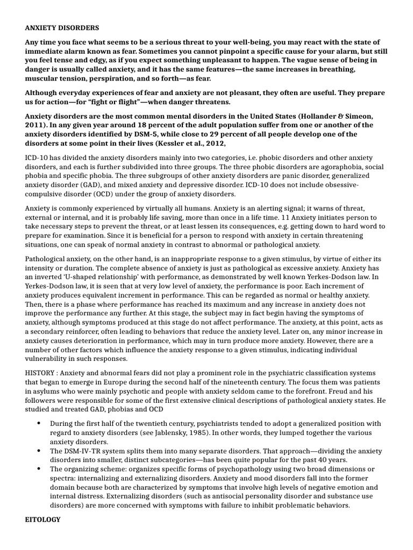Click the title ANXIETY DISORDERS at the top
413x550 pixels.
(x=62, y=27)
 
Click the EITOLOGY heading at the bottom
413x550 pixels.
(x=43, y=519)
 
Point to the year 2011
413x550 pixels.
(x=35, y=125)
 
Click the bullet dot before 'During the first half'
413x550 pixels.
(x=39, y=424)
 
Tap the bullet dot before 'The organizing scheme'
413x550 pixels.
(x=39, y=469)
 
